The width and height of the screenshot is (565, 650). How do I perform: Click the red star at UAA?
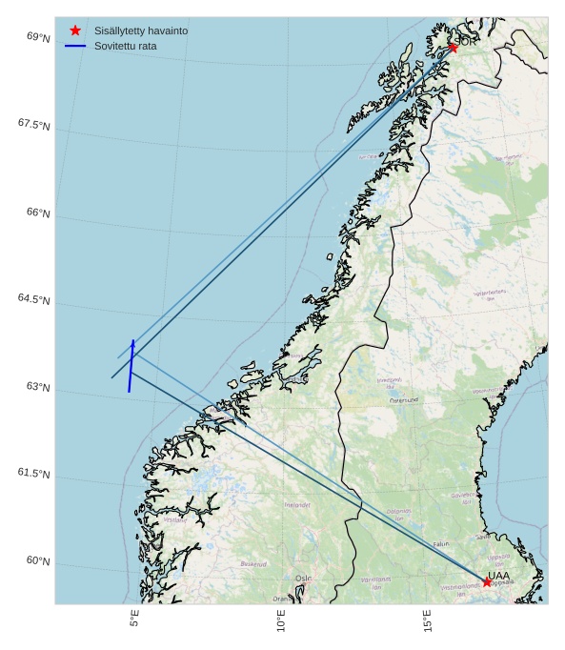[x=487, y=581]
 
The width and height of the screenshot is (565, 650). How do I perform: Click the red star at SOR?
[x=453, y=48]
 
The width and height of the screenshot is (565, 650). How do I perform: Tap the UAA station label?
[x=498, y=575]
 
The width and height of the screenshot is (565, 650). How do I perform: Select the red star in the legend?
[x=75, y=30]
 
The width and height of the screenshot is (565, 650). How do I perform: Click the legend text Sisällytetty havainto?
[x=141, y=30]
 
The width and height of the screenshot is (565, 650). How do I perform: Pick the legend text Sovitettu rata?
[x=126, y=46]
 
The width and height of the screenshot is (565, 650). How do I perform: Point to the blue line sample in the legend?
[x=75, y=46]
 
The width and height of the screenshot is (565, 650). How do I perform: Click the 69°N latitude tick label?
[x=38, y=37]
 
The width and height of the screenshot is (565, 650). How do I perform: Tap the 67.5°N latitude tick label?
[x=33, y=125]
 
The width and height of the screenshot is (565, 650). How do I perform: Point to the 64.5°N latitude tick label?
[x=33, y=299]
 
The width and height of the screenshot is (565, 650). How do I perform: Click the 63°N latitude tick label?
[x=38, y=387]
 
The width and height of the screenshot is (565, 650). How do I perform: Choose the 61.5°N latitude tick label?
[x=33, y=474]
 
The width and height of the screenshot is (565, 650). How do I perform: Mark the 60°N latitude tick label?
[x=38, y=561]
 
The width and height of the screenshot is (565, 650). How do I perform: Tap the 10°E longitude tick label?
[x=281, y=620]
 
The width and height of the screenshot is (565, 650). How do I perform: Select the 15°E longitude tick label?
[x=428, y=620]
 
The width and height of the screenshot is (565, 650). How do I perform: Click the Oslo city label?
[x=303, y=579]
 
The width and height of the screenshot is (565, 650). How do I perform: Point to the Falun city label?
[x=441, y=544]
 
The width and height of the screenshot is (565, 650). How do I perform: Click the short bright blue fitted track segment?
[x=131, y=366]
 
